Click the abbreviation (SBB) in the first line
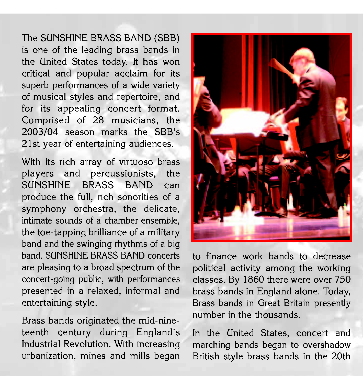(167, 38)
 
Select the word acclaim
(131, 73)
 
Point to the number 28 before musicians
(98, 120)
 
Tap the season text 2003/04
(40, 132)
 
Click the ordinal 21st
(31, 144)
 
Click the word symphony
(44, 209)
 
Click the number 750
(343, 279)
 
